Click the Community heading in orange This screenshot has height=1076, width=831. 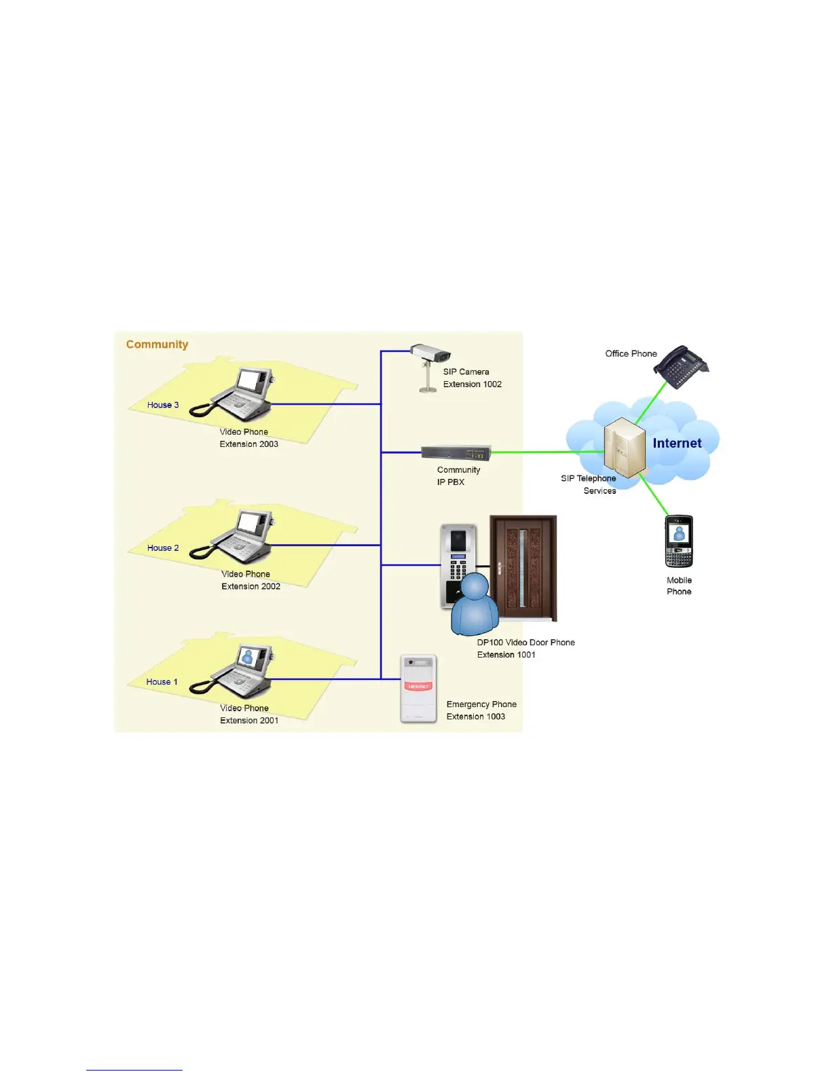click(x=157, y=344)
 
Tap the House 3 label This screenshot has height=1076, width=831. click(x=163, y=405)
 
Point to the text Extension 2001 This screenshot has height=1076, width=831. click(x=249, y=721)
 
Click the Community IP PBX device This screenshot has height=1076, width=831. click(x=456, y=453)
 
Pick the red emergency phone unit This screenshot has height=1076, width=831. click(x=418, y=689)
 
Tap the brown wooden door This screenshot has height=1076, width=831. click(x=523, y=567)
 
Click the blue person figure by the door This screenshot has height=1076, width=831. click(x=475, y=605)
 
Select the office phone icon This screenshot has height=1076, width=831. click(x=682, y=367)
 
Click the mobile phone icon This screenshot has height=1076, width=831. click(x=679, y=541)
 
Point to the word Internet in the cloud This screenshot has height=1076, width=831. click(x=677, y=444)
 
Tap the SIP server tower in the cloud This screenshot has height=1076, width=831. click(x=625, y=447)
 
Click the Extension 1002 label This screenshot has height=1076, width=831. click(x=473, y=384)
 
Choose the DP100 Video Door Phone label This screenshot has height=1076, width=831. click(x=525, y=643)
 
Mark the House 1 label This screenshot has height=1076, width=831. click(x=162, y=682)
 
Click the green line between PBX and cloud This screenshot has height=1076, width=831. click(x=543, y=452)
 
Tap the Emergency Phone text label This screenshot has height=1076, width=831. click(x=481, y=704)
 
